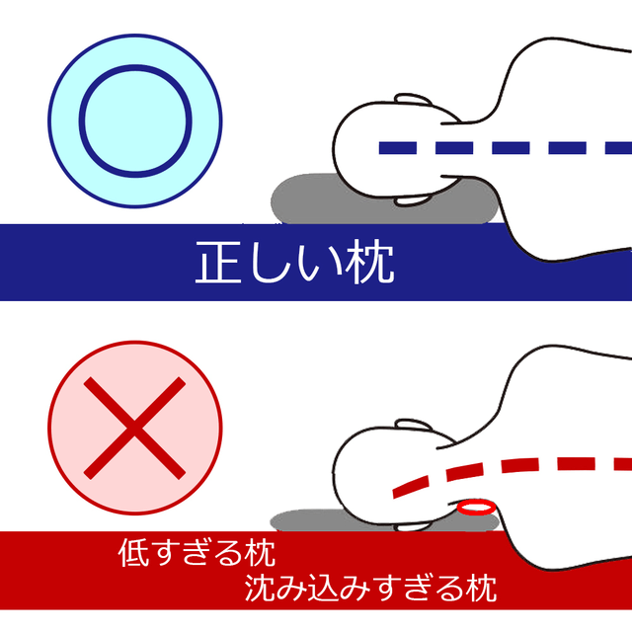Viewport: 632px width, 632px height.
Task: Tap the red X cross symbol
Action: (x=134, y=428)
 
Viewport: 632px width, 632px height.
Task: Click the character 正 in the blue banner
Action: (x=218, y=262)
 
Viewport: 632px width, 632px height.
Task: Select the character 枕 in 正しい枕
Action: (x=371, y=262)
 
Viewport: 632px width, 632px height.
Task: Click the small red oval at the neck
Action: (x=476, y=507)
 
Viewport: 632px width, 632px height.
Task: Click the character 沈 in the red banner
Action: (x=260, y=589)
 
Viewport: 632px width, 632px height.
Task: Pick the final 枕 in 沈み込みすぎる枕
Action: (x=481, y=589)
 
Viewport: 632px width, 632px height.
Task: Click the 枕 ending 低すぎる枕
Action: (x=260, y=553)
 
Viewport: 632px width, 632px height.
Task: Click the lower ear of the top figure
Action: (x=411, y=200)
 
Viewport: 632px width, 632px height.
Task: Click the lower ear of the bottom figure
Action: (x=411, y=526)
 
